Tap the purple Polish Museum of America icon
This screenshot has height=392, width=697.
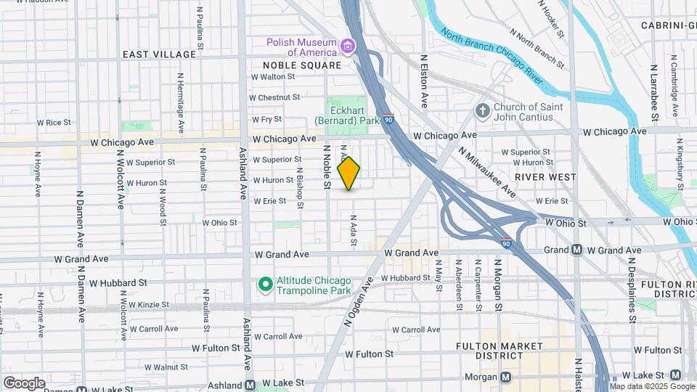pos(348,47)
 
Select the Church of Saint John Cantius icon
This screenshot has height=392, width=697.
pos(481,112)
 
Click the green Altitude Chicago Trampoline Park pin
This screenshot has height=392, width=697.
pos(266,283)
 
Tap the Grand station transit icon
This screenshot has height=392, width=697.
pos(576,250)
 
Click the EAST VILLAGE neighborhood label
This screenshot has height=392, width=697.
pos(159,54)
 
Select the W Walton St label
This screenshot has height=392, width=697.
pos(272,76)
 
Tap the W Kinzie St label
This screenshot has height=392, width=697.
pos(146,305)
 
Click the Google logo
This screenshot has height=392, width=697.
pos(24,383)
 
